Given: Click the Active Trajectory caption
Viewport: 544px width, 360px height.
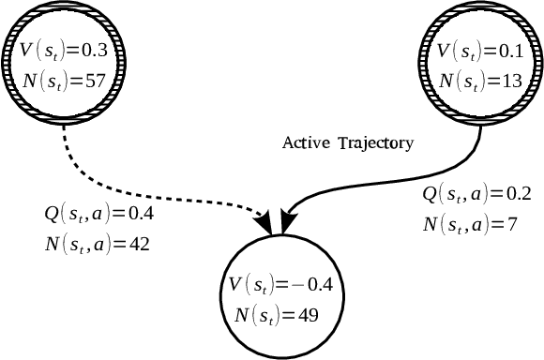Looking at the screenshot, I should pos(349,143).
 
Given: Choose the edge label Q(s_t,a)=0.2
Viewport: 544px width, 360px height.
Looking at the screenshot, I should pos(477,194).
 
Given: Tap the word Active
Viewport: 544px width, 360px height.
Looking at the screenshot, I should pos(305,143).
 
